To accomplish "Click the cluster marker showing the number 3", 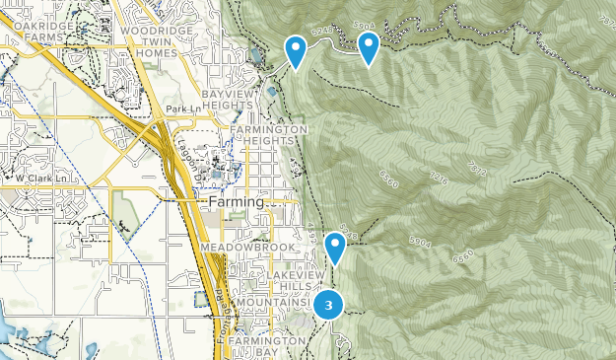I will (x=328, y=304).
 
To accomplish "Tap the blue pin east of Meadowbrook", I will (x=336, y=248).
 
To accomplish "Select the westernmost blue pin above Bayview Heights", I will (x=295, y=50).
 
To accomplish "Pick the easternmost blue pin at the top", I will (x=368, y=47).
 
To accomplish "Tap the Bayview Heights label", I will (x=229, y=100).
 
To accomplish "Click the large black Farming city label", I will (x=237, y=201).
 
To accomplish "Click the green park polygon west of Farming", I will (x=124, y=209).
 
